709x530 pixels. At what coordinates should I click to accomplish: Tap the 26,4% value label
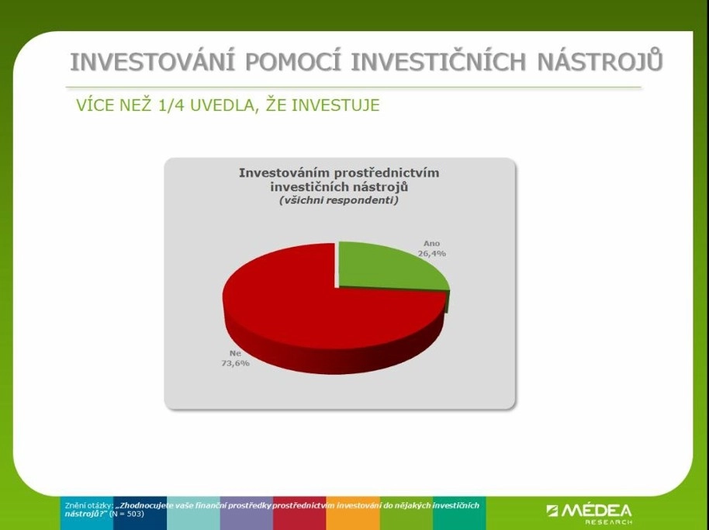tap(432, 254)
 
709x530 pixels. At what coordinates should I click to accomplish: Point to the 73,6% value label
tap(235, 363)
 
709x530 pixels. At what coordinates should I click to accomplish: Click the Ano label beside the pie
tap(431, 244)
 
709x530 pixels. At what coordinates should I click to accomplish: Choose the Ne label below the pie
tap(235, 353)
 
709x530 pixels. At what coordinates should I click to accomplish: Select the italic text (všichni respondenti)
tap(339, 200)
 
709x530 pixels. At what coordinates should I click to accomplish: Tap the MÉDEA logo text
tap(590, 511)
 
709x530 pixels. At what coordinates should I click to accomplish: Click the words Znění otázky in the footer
tap(88, 506)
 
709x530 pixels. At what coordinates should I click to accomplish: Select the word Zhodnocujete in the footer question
tap(141, 506)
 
